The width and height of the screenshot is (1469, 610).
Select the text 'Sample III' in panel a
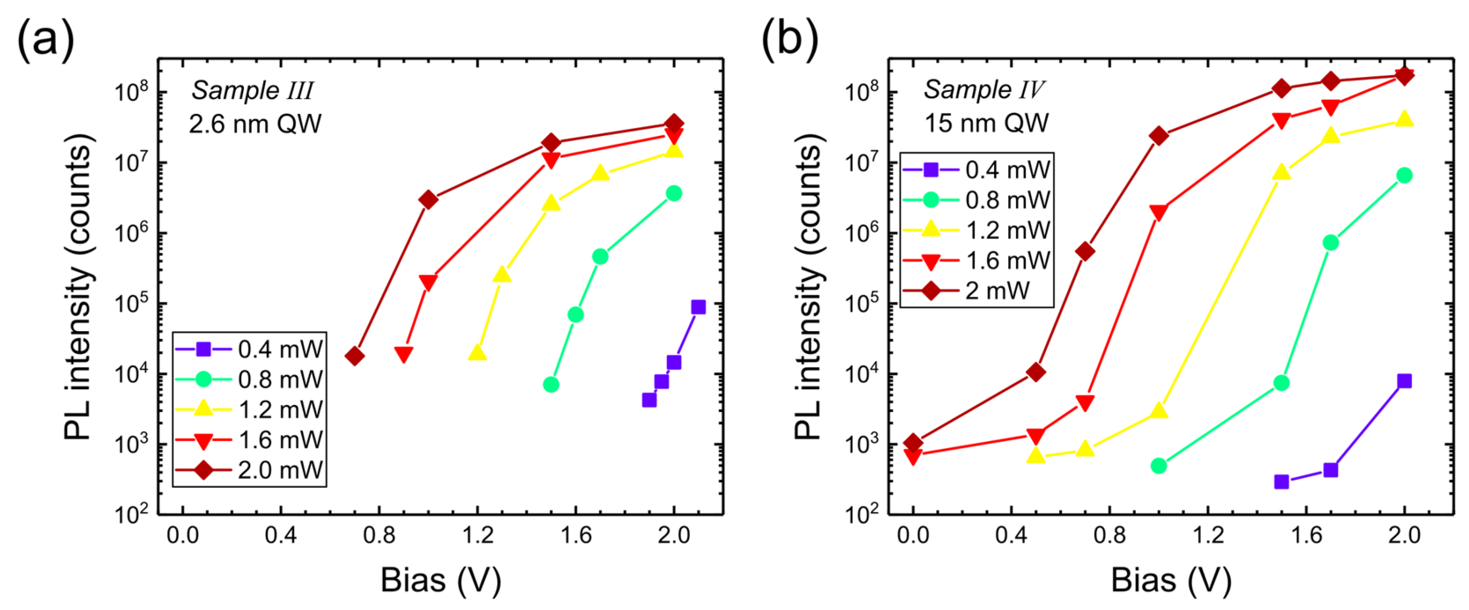click(252, 91)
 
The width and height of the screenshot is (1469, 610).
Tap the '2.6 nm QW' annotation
click(255, 124)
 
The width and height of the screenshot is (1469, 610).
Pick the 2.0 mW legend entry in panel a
click(250, 470)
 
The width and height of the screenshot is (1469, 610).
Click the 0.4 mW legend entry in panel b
click(976, 170)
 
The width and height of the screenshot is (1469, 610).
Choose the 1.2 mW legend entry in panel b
click(976, 230)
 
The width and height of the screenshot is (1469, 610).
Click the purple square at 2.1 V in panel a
click(698, 307)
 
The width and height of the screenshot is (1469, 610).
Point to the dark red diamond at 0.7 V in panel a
click(355, 356)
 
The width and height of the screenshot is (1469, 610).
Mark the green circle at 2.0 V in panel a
click(674, 194)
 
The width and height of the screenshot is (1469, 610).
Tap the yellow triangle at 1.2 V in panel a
click(477, 353)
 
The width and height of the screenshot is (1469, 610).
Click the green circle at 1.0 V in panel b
click(1158, 466)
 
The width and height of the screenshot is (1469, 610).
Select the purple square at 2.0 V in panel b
click(1404, 381)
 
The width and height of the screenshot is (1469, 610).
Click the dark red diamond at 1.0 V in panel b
click(1158, 135)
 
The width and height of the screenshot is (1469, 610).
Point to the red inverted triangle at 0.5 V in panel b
click(1036, 436)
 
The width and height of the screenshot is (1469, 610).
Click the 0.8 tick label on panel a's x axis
click(379, 536)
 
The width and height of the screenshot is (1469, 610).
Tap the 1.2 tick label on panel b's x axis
click(1208, 536)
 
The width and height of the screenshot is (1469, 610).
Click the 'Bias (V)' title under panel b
click(1171, 581)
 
